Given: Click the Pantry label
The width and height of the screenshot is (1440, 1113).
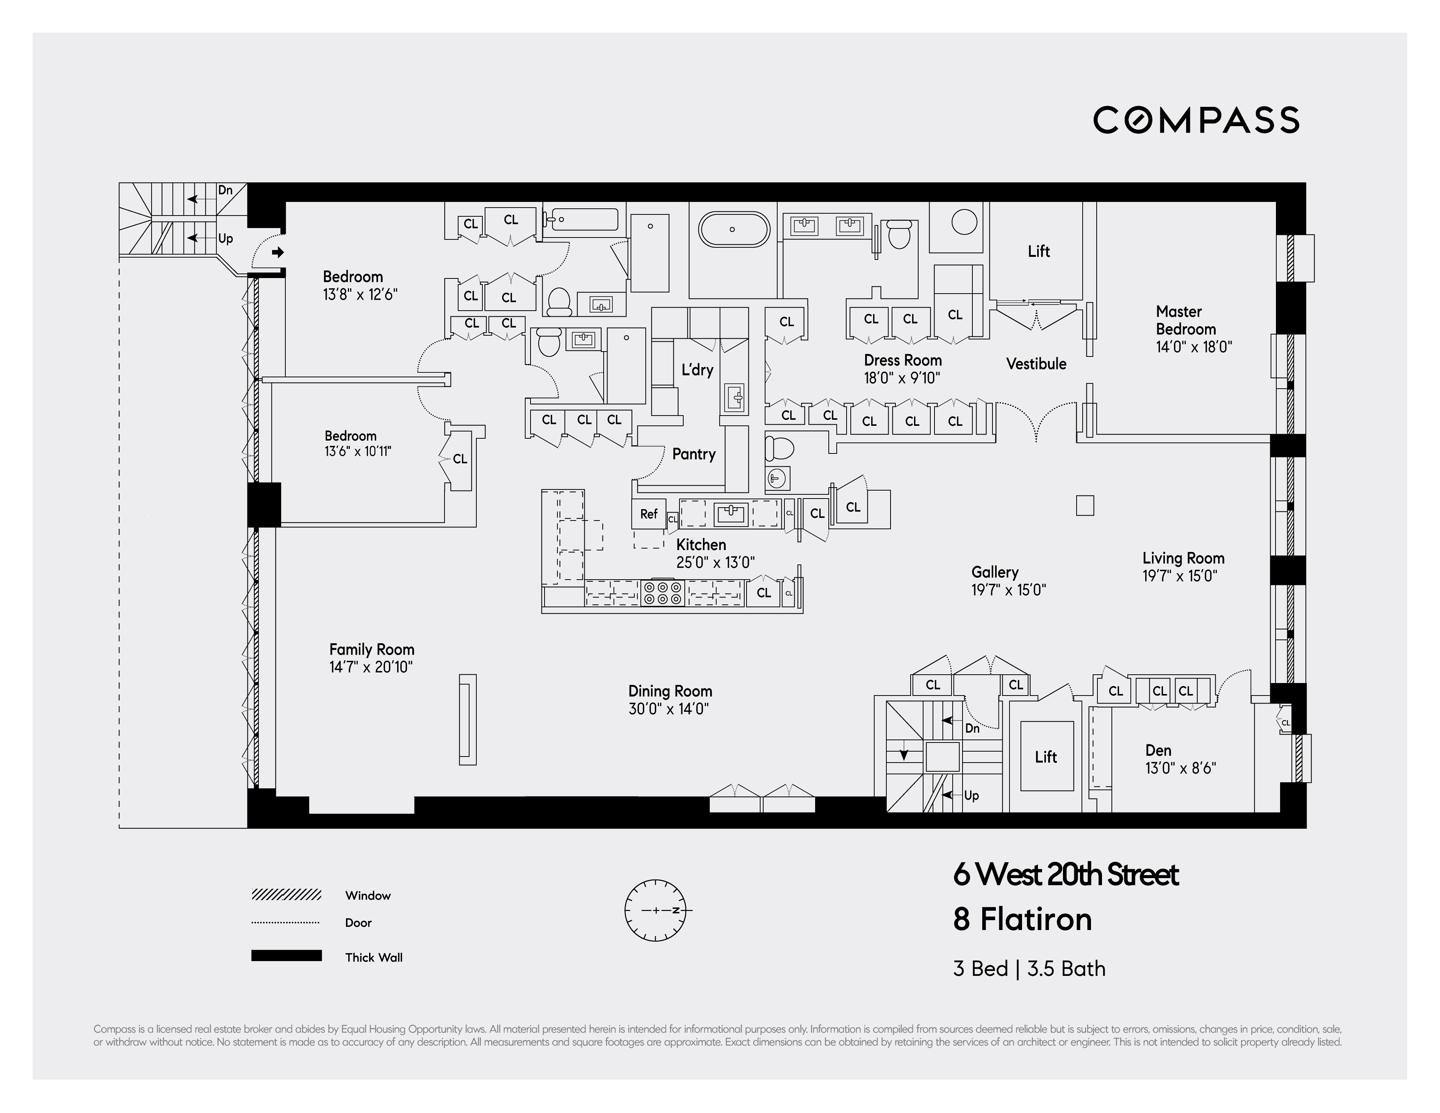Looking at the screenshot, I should pyautogui.click(x=693, y=454).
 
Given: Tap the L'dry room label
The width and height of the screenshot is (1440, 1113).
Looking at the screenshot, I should pyautogui.click(x=697, y=370).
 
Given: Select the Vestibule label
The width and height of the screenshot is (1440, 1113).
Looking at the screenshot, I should pyautogui.click(x=1036, y=364).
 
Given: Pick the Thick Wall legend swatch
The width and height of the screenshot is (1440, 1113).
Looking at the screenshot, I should pyautogui.click(x=286, y=955).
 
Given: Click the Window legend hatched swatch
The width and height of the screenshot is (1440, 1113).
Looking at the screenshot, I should pyautogui.click(x=286, y=894).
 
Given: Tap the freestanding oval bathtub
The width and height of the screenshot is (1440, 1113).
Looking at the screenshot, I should pyautogui.click(x=733, y=229).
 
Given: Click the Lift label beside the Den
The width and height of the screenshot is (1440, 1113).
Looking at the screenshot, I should pyautogui.click(x=1046, y=757).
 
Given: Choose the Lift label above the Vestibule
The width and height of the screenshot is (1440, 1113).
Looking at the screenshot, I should pyautogui.click(x=1038, y=251).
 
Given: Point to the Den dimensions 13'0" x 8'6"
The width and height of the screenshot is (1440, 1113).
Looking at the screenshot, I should pyautogui.click(x=1180, y=768).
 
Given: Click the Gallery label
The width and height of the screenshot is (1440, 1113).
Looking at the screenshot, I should pyautogui.click(x=994, y=572).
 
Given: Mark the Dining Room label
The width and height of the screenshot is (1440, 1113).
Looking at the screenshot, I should pyautogui.click(x=670, y=691).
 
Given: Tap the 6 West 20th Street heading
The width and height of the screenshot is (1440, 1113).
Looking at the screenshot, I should pyautogui.click(x=1066, y=874).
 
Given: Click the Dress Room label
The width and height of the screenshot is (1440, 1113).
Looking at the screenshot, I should pyautogui.click(x=903, y=361).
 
